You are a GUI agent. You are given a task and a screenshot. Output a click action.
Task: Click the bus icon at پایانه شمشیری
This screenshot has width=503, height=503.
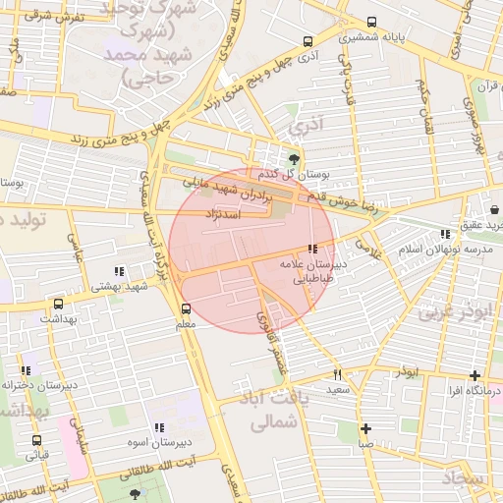click(x=371, y=23)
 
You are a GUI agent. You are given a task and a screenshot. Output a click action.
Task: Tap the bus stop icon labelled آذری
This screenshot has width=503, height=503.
click(x=308, y=42)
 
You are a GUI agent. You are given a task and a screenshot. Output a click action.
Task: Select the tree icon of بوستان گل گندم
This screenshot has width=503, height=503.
click(x=293, y=158)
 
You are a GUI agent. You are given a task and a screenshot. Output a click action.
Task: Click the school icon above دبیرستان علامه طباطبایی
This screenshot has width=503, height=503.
click(x=312, y=250)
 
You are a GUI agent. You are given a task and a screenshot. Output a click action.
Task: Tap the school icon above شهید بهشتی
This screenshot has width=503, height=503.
click(x=119, y=271)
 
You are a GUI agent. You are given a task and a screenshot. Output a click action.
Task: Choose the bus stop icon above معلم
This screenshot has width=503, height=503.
click(x=186, y=307)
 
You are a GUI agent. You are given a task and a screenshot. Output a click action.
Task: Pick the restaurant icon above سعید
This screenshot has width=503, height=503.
click(x=338, y=373)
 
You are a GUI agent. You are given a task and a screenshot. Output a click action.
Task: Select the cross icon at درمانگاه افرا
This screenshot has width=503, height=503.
click(x=475, y=375)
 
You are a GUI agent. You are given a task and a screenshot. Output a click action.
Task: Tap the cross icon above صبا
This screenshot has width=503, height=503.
click(x=365, y=428)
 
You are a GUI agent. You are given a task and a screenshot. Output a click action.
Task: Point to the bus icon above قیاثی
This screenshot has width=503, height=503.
click(x=36, y=441)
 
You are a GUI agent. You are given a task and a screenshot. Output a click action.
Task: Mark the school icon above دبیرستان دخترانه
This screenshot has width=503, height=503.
click(x=25, y=370)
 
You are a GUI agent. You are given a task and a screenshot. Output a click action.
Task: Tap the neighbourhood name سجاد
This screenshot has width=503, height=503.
click(x=462, y=477)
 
